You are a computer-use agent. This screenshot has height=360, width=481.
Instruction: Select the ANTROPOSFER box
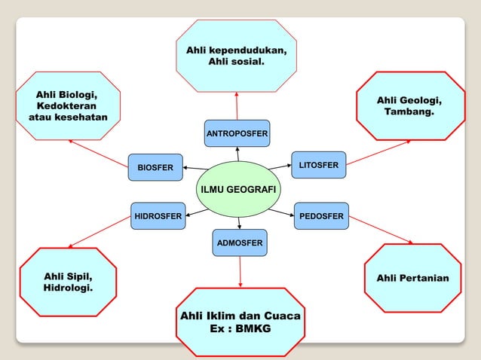point(237,133)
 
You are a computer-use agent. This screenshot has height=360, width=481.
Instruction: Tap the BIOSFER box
point(155,167)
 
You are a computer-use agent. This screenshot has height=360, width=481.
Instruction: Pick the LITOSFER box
point(318,165)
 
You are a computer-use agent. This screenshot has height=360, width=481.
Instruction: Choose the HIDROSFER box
point(158,216)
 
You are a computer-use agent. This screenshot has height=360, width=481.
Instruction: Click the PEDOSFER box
point(321,216)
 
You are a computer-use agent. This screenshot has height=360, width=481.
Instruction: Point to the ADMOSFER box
point(239,243)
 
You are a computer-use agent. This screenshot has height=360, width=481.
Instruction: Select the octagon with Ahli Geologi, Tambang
point(409,106)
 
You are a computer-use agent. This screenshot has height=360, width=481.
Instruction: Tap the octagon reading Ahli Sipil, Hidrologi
point(69,282)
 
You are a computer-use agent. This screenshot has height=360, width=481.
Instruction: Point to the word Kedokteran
point(68,106)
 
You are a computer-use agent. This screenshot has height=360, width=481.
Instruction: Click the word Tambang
point(409,112)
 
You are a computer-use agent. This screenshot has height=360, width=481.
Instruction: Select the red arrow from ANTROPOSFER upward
point(237,105)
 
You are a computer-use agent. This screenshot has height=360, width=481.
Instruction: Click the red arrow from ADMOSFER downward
point(240,271)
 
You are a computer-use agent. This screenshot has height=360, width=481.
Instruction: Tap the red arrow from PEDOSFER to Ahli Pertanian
point(381,230)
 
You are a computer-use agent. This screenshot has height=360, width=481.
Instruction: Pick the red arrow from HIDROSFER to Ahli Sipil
point(100,232)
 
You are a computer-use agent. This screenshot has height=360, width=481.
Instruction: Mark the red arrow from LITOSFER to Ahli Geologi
point(379,151)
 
